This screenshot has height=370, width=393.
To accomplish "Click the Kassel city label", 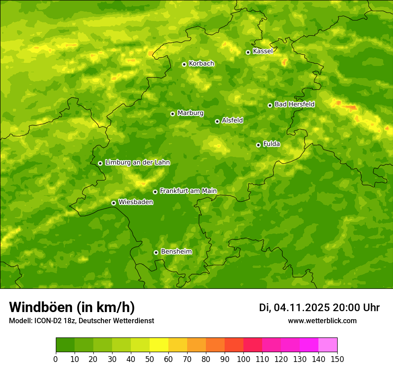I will click(263, 51).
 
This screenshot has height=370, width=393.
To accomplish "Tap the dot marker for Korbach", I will click(184, 64).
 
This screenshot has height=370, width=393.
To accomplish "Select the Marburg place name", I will click(190, 113).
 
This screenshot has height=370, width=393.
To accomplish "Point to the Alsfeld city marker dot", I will click(217, 121).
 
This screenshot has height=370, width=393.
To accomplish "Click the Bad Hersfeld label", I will click(294, 104).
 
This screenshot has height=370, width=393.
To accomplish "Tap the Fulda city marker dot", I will click(258, 145).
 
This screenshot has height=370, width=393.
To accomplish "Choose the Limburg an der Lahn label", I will click(137, 163).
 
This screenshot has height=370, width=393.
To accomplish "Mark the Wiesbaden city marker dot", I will click(113, 203).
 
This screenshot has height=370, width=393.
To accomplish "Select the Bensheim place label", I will click(176, 252).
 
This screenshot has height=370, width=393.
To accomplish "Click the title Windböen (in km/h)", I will click(72, 307).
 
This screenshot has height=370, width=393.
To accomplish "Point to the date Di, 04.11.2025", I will click(294, 308).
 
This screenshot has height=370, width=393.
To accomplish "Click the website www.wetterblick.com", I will click(322, 321).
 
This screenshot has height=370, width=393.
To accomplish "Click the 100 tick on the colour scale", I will click(243, 359).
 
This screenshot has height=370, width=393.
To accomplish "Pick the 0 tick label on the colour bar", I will click(56, 359).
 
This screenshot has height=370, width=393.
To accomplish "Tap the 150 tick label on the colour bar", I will click(337, 359).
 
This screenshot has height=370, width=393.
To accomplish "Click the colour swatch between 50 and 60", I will click(159, 345).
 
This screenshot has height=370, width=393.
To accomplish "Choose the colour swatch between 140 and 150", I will click(328, 345).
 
